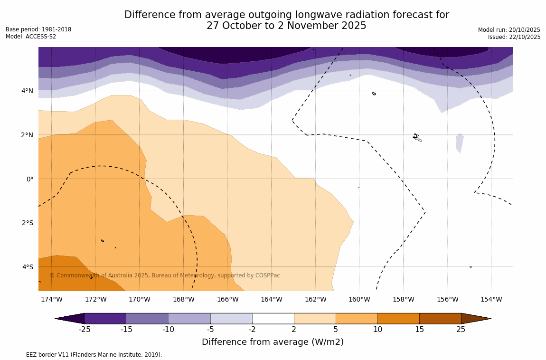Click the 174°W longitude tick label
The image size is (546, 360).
(51, 299)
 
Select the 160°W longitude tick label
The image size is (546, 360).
(359, 299)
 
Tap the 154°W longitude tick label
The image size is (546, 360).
(491, 299)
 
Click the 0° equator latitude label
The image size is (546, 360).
(29, 179)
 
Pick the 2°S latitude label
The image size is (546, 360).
(28, 223)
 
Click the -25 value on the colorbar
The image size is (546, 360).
(85, 329)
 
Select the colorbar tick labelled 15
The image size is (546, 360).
(419, 329)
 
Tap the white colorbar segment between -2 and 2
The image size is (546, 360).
(273, 318)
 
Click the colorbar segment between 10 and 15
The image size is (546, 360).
(398, 318)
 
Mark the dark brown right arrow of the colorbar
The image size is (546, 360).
(476, 318)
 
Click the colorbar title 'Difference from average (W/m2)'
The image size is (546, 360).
(273, 342)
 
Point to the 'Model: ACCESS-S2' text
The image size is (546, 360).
(31, 37)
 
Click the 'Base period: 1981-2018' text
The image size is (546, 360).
(38, 29)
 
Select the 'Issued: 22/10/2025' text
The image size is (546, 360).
(514, 37)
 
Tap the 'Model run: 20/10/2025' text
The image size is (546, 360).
(509, 29)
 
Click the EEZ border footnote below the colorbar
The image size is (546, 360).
(84, 355)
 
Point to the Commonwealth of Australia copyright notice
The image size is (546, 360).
(165, 275)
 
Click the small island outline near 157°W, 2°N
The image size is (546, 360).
(417, 138)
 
